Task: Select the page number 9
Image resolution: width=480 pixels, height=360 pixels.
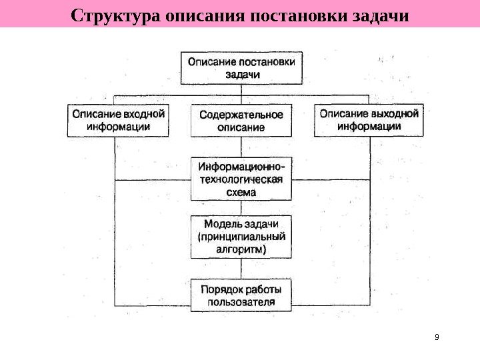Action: pos(437,337)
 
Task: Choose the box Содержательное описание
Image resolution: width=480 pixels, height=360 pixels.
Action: pos(241,121)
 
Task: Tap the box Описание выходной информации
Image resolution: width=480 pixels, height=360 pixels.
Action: pos(369,120)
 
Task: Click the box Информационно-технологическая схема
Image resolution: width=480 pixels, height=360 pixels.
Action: pos(241,179)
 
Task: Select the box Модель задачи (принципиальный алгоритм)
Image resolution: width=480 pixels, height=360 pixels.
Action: pos(241,237)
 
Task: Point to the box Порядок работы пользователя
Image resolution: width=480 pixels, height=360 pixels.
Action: pos(241,295)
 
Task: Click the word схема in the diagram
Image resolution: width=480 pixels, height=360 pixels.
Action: pos(241,192)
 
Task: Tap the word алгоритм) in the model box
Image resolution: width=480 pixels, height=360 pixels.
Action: pos(241,249)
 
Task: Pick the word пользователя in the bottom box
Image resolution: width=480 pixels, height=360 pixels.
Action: pos(241,302)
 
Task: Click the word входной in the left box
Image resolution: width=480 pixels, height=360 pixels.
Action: pos(143,114)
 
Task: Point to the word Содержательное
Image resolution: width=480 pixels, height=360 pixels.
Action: pos(241,115)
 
